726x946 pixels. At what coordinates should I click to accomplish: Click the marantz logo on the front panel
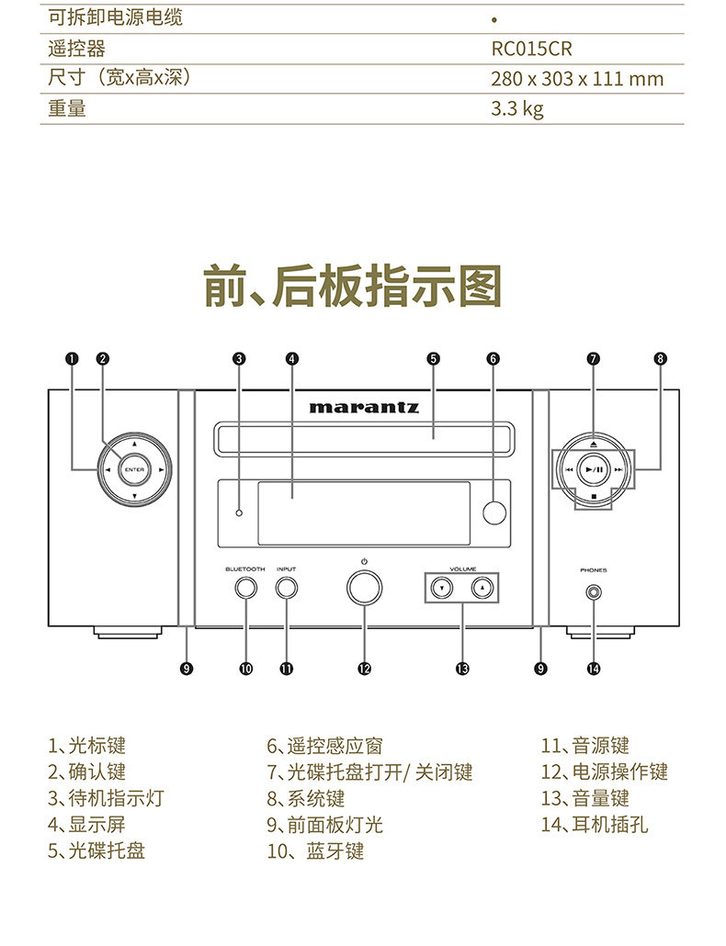tap(364, 406)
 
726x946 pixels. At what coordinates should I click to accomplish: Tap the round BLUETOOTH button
tap(245, 589)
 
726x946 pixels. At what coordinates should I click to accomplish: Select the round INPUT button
tap(286, 589)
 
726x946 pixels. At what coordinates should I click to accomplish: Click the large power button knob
tap(364, 588)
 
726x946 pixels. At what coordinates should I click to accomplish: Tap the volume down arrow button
tap(442, 588)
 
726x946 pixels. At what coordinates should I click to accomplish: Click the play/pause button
tap(594, 469)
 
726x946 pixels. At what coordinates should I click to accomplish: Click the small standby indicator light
tap(238, 512)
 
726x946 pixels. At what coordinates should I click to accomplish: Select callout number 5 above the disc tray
tap(433, 359)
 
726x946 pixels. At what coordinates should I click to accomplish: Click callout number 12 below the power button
tap(364, 669)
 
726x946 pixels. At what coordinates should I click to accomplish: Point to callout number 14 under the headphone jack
tap(593, 669)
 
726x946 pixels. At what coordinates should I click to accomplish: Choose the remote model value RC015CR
tap(531, 49)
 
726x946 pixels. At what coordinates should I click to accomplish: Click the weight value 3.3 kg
tap(517, 108)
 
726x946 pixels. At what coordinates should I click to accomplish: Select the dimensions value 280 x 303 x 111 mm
tap(576, 79)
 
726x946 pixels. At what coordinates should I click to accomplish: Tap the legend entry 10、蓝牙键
tap(315, 851)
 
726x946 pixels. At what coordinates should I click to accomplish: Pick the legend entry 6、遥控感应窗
tap(324, 746)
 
